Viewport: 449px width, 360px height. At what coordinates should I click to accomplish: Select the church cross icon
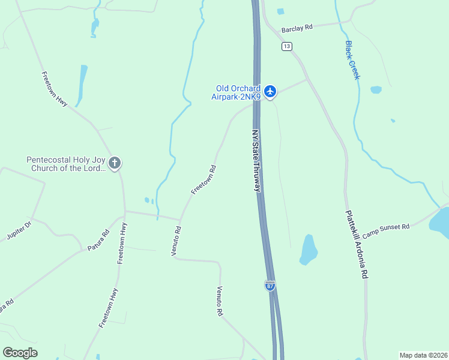click(115, 163)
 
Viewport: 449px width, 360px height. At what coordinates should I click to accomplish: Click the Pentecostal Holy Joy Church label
click(66, 164)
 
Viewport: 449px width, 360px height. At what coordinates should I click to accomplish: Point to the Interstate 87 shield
click(270, 285)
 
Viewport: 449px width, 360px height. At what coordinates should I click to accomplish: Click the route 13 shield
click(286, 46)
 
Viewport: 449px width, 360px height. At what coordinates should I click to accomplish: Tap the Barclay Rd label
click(297, 28)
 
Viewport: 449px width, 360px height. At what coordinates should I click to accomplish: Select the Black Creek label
click(352, 60)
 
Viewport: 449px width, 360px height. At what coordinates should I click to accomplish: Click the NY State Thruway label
click(256, 161)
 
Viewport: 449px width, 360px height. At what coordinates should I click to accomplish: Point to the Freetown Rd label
click(203, 179)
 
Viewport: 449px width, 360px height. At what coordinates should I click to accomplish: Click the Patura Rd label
click(98, 240)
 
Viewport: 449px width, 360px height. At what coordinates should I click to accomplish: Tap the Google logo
click(20, 353)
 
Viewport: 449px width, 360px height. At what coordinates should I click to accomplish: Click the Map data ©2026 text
click(423, 355)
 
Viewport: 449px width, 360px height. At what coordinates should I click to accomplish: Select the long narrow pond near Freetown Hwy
click(81, 85)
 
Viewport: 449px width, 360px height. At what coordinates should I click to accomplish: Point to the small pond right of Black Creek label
click(376, 90)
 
